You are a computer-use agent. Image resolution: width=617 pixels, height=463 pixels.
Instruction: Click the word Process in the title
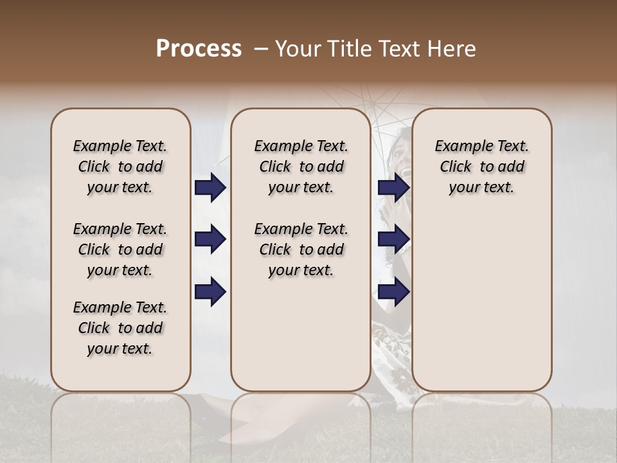point(199,49)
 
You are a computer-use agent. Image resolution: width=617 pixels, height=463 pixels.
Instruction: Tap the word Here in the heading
point(451,49)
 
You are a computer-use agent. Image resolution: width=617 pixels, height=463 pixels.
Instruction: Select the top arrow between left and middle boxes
point(210,187)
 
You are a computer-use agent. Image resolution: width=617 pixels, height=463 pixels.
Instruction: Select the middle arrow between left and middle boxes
point(210,240)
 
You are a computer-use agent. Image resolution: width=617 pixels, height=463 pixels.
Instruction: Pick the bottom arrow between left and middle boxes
point(210,292)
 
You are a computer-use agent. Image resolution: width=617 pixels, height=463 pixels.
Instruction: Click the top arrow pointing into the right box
point(393,187)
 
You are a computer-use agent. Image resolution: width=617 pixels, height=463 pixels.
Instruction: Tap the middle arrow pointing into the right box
point(393,240)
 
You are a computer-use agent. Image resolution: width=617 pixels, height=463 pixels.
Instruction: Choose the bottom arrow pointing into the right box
point(393,292)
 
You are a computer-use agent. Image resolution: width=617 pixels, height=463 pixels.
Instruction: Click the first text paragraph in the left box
point(120,167)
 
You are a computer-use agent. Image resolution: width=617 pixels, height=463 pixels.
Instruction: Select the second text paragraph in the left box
point(120,250)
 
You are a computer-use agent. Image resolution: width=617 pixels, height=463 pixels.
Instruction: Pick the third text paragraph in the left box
point(120,328)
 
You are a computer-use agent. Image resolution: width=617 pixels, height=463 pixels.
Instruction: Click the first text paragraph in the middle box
point(301,167)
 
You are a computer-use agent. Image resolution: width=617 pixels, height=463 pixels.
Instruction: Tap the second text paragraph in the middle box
point(301,250)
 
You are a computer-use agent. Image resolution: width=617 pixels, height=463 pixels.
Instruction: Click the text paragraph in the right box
point(481,167)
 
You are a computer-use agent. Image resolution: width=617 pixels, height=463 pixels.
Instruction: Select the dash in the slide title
point(261,49)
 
